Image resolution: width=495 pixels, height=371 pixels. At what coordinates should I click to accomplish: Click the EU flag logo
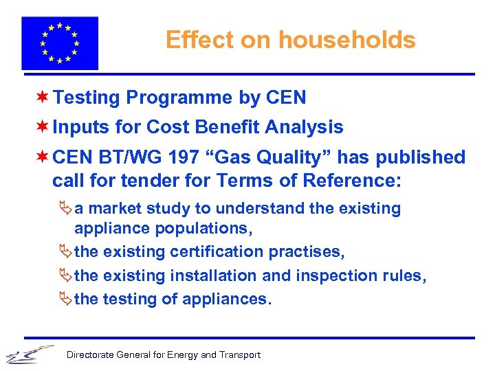coord(60,43)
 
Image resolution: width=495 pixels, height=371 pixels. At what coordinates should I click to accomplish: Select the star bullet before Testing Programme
coord(43,98)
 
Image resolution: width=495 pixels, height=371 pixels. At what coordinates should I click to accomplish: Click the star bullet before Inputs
coord(43,127)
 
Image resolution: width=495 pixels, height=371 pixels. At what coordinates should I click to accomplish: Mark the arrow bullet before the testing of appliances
coord(66,299)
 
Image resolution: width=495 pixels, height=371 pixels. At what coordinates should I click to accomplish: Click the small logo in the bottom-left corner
coord(27,353)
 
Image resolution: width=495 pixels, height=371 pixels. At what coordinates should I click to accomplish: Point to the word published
coord(419,157)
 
